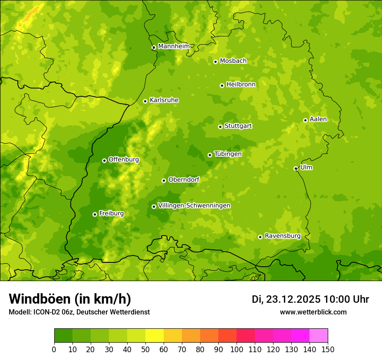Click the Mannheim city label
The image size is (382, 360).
174,46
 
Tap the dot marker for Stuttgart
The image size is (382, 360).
220,127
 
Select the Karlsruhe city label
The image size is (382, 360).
164,100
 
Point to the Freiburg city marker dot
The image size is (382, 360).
95,214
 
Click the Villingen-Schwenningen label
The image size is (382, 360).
194,206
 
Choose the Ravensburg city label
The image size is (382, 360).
283,236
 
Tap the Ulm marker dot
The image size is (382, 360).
296,168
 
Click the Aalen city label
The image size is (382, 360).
318,119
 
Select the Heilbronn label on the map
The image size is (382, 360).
241,85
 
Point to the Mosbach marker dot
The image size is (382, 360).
215,62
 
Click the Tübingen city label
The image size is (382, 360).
228,154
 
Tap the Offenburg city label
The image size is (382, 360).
124,160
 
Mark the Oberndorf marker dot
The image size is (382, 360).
164,180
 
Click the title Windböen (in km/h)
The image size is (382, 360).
70,299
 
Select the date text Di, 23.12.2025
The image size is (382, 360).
286,299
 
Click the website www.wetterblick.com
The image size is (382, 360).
313,312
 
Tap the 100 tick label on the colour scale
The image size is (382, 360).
237,349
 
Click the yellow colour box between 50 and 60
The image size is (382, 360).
155,336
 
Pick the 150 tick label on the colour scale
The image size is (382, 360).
328,349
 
